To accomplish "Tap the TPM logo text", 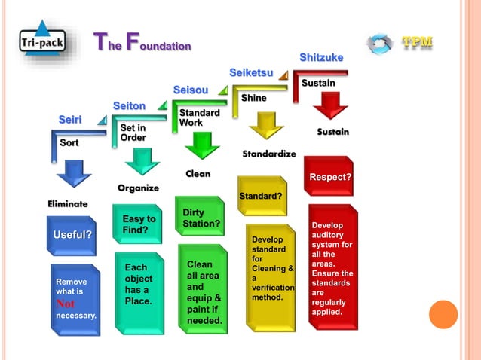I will point(417,42).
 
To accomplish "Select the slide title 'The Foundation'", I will point(142,44).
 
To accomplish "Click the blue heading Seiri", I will point(70,120).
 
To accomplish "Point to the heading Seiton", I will point(129,105).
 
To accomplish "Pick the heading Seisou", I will point(190,90).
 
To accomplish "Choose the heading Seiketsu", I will point(251,72).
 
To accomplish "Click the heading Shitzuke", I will point(321,57).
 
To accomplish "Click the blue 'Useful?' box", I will point(72,235).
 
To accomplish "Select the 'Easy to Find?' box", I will point(138,224).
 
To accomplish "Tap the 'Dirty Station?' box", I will point(201,218).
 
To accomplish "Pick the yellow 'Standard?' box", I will point(261,196).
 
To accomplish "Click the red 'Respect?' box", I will point(329,177).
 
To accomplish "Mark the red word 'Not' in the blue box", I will point(66,304).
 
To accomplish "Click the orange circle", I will point(443,314).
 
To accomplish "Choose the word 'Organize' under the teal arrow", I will point(138,188).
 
